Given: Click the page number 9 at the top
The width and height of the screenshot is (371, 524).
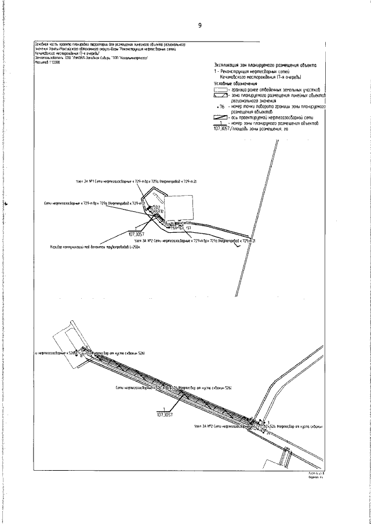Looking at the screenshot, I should pyautogui.click(x=199, y=25).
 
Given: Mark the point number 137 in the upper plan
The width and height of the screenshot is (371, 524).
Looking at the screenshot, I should pyautogui.click(x=189, y=228).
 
